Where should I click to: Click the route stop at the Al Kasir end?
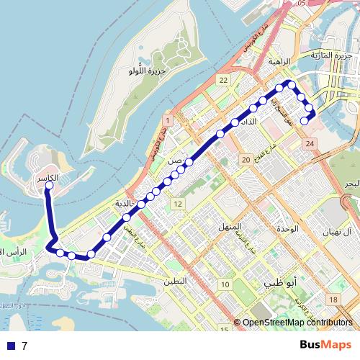point(49,186)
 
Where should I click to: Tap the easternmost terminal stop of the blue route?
point(305,121)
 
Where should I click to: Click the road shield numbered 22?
point(225,80)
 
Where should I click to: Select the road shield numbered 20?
point(246,159)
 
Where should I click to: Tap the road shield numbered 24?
point(310,145)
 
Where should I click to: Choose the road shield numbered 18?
point(333,299)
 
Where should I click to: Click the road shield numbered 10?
point(225,284)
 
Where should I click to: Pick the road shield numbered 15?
point(225,329)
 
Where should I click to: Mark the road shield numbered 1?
point(167,120)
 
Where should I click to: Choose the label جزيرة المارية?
point(330,55)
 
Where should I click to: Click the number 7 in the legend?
point(24,346)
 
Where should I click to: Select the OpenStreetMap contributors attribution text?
point(297,323)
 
